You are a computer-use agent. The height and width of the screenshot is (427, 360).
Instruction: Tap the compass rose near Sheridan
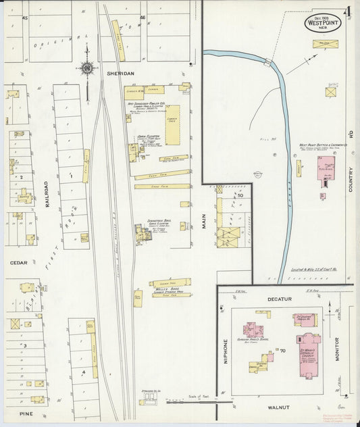87,67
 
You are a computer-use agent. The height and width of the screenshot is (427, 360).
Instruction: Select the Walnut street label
278,407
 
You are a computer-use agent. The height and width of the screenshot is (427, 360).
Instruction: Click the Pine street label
26,413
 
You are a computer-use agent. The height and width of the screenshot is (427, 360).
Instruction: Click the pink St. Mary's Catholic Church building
308,351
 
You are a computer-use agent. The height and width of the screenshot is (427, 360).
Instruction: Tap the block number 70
274,351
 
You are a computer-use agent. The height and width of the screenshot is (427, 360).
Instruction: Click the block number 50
240,195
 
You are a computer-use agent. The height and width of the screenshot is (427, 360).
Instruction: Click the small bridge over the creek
269,63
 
